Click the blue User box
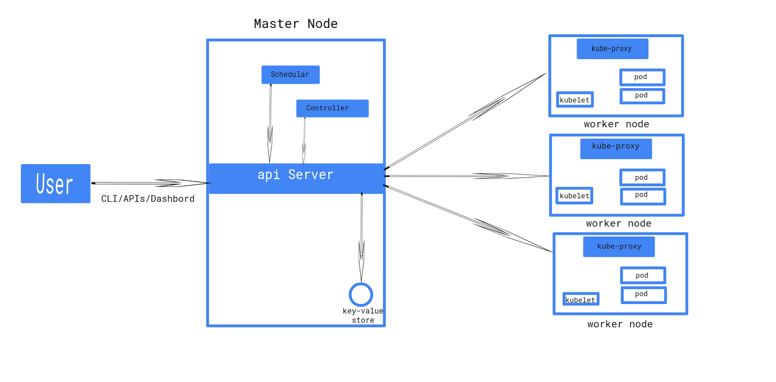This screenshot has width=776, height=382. (x=55, y=184)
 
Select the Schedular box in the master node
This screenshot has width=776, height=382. (x=290, y=75)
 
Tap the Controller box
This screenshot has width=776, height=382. (x=332, y=108)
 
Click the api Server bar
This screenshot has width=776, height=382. (x=296, y=178)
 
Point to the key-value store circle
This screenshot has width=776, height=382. (x=361, y=294)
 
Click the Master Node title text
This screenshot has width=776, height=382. (x=295, y=24)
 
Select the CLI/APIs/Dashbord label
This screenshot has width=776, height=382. (x=147, y=199)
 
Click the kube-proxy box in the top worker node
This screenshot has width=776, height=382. (x=612, y=48)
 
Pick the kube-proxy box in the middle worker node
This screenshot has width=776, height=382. (x=615, y=148)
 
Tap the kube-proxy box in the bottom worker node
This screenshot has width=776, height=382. (x=618, y=246)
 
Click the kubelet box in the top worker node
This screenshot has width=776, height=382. (x=574, y=100)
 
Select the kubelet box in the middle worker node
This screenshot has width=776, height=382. (x=574, y=196)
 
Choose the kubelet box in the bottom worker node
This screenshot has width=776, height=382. (x=581, y=299)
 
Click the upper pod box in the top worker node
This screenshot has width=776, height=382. (x=642, y=77)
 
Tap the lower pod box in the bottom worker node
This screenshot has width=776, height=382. (x=643, y=294)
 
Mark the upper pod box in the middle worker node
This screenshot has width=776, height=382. (x=642, y=177)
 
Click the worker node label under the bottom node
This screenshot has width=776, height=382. (x=620, y=324)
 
